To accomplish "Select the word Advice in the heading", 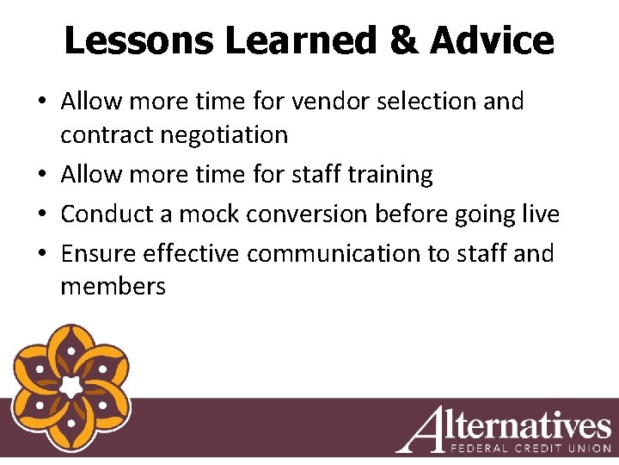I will point(492,40).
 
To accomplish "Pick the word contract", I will point(101,135).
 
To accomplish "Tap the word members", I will point(113,286).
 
